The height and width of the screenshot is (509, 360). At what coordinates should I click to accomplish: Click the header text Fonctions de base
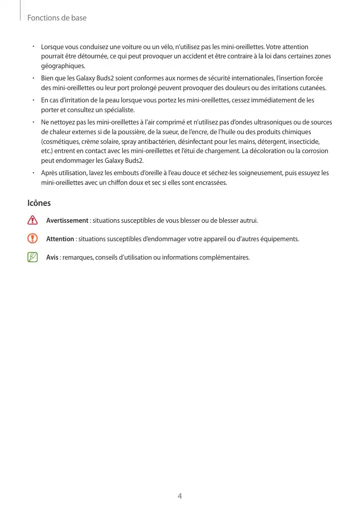pyautogui.click(x=56, y=18)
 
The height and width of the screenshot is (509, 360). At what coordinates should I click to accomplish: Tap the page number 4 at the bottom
pyautogui.click(x=180, y=496)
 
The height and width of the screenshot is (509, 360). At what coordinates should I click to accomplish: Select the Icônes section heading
pyautogui.click(x=39, y=203)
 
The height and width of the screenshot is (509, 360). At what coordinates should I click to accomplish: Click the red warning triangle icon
pyautogui.click(x=33, y=221)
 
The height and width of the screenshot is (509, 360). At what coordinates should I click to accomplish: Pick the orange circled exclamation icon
pyautogui.click(x=33, y=239)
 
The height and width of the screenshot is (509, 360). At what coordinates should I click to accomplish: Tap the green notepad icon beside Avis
pyautogui.click(x=33, y=257)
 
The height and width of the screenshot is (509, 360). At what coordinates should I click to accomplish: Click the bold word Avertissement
pyautogui.click(x=67, y=221)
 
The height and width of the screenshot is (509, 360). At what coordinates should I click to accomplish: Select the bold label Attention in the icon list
pyautogui.click(x=60, y=239)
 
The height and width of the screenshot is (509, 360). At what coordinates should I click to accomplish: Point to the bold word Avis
pyautogui.click(x=52, y=257)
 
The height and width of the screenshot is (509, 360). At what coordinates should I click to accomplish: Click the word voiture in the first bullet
pyautogui.click(x=134, y=47)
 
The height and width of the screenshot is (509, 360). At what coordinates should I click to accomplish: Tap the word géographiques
pyautogui.click(x=62, y=67)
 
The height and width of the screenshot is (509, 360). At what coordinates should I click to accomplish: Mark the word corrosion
pyautogui.click(x=314, y=151)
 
